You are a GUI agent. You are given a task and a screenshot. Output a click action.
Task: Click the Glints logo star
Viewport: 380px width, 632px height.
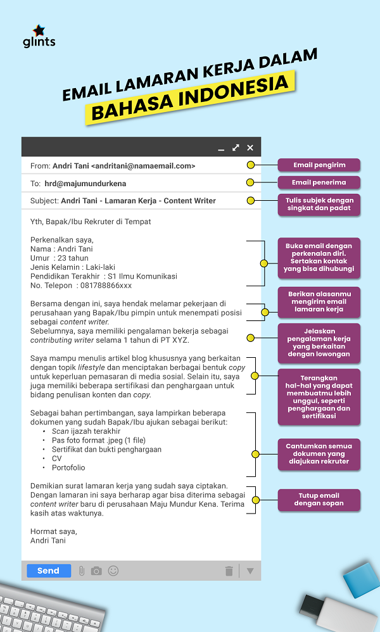point(38,30)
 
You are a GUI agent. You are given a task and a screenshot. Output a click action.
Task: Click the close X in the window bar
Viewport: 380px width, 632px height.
point(250,148)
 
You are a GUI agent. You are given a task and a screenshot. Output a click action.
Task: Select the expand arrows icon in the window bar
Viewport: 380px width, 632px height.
point(236,148)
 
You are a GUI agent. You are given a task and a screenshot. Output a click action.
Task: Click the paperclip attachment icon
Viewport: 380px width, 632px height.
point(81,571)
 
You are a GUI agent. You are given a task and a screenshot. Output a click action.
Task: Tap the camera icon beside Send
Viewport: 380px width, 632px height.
point(96,571)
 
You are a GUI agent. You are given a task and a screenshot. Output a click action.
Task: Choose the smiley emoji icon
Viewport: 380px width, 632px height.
point(113,571)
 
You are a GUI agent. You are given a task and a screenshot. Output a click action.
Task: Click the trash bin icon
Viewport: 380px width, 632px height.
point(229,571)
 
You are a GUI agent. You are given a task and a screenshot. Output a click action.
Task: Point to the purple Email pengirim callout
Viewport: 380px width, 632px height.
point(319,165)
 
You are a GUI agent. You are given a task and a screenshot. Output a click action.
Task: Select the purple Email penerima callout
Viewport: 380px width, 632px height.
point(319,183)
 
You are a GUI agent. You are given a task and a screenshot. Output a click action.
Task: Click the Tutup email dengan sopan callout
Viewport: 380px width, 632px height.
point(319,499)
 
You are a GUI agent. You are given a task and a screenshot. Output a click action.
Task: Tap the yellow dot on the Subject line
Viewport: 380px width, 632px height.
point(251,201)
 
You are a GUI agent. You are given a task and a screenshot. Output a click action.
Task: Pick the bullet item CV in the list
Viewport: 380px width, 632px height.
point(58,458)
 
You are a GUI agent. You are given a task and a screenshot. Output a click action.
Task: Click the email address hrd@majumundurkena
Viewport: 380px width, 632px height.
point(85,184)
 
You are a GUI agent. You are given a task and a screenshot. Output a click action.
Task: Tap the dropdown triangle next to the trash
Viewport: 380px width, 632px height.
point(250,571)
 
